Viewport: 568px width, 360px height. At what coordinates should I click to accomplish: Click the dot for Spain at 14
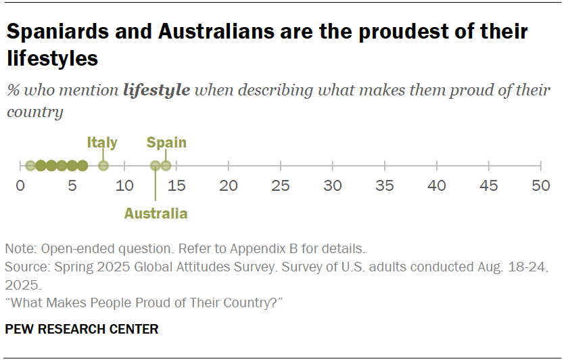pyautogui.click(x=166, y=166)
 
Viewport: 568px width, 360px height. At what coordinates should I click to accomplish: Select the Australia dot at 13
pyautogui.click(x=156, y=166)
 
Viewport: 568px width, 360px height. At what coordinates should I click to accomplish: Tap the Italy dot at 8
pyautogui.click(x=103, y=166)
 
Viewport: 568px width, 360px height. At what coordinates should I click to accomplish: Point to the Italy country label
pyautogui.click(x=102, y=143)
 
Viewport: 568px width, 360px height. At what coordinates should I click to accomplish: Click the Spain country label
pyautogui.click(x=166, y=143)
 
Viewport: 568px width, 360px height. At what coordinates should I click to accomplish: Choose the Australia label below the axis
pyautogui.click(x=156, y=214)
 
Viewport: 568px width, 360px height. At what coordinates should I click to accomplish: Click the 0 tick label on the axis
pyautogui.click(x=20, y=186)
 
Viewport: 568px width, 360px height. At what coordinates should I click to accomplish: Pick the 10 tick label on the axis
pyautogui.click(x=124, y=186)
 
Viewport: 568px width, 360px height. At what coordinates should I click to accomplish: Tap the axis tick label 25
pyautogui.click(x=280, y=186)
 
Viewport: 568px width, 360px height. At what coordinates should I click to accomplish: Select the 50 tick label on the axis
pyautogui.click(x=540, y=186)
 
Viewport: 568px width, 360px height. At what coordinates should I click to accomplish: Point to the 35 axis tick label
pyautogui.click(x=384, y=186)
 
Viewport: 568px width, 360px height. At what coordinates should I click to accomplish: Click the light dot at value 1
pyautogui.click(x=30, y=166)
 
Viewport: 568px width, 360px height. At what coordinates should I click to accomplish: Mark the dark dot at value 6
pyautogui.click(x=82, y=166)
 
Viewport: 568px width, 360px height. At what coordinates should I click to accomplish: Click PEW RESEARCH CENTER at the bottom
pyautogui.click(x=82, y=330)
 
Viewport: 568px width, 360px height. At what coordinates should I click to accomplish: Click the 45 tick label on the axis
pyautogui.click(x=488, y=186)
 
